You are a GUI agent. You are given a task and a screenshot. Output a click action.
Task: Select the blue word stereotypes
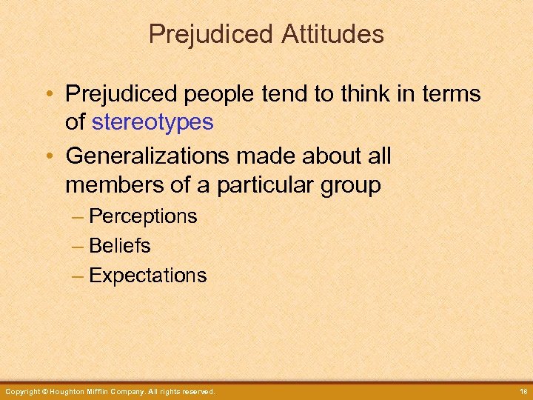pos(152,122)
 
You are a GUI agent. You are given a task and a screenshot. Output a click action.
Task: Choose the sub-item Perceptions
pos(143,216)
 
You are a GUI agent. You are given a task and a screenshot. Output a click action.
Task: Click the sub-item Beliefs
pos(119,245)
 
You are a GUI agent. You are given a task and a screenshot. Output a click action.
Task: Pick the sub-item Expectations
pos(147,276)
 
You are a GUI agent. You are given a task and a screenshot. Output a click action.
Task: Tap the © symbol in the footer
pos(44,391)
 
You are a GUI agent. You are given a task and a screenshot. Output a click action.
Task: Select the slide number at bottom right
pos(521,391)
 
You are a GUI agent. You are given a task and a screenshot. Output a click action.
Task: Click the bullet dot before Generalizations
pos(54,156)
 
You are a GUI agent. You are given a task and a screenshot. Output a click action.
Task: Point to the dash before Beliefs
pos(78,245)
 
